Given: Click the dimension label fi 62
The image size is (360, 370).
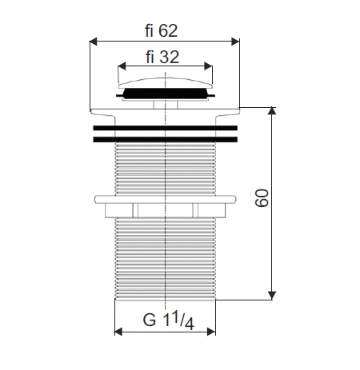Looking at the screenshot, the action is point(162,30).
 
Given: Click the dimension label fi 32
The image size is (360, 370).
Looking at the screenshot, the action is point(162,57).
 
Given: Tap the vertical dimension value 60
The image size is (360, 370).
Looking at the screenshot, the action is point(262,197).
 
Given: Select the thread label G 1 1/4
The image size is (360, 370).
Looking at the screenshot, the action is point(168,320).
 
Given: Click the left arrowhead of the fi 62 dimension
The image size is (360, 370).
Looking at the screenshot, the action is point(94,42).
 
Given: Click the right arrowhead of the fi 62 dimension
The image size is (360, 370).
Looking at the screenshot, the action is point(235,42).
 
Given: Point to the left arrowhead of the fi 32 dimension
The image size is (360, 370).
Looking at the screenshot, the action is point(122,66).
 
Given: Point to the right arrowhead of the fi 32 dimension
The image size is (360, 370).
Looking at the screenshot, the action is point(209,66).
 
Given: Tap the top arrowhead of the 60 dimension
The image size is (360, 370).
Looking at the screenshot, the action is point(272,111).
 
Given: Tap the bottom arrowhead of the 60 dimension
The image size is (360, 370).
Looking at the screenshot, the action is point(272,296).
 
